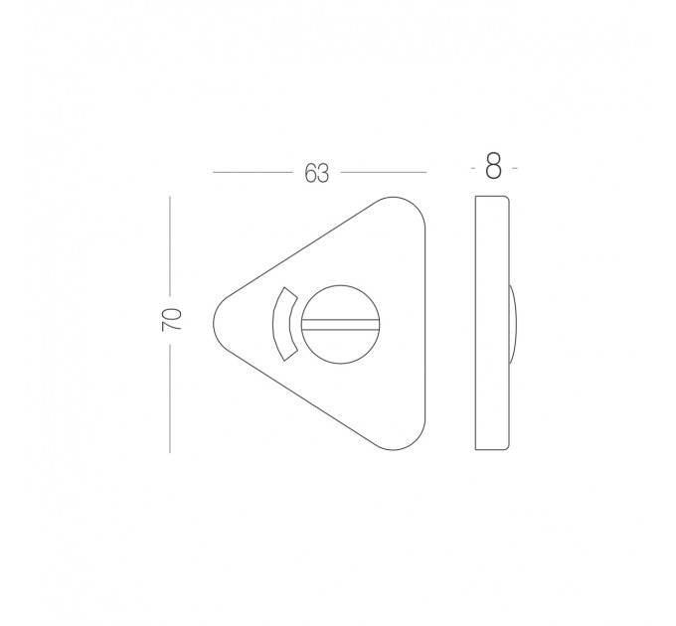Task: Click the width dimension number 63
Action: (316, 173)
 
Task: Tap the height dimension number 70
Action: (172, 319)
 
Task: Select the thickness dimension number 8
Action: (494, 166)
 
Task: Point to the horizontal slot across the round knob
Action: (340, 324)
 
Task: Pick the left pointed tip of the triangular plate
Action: (214, 324)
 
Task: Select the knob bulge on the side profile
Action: (513, 324)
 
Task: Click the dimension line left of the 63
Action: (253, 172)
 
